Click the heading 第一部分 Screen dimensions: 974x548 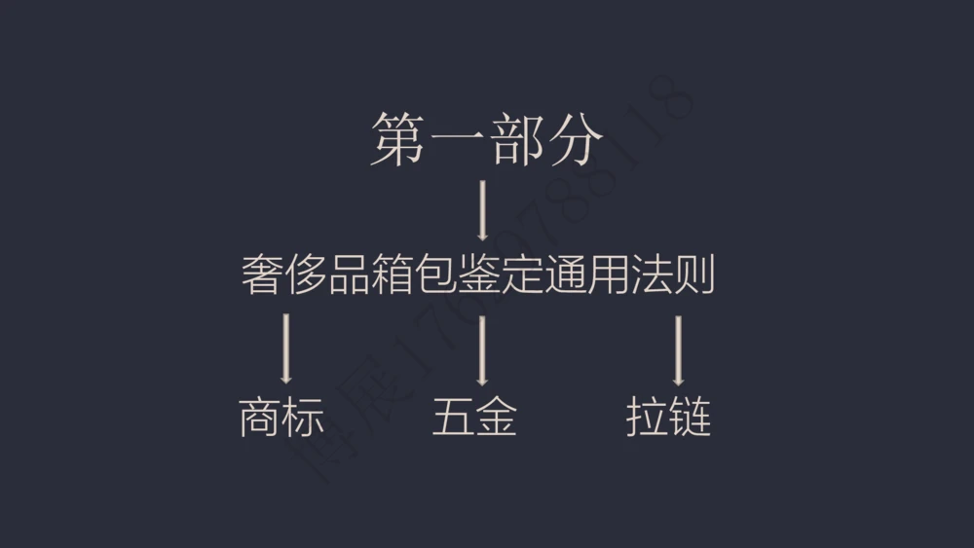pyautogui.click(x=486, y=139)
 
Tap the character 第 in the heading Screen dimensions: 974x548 pyautogui.click(x=398, y=139)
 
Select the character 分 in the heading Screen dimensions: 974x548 pyautogui.click(x=574, y=139)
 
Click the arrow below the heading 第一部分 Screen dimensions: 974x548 pyautogui.click(x=482, y=209)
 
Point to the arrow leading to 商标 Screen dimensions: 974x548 pyautogui.click(x=285, y=348)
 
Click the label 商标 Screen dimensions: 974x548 pyautogui.click(x=281, y=418)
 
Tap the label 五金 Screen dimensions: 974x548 pyautogui.click(x=474, y=418)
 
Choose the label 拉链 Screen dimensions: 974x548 pyautogui.click(x=668, y=418)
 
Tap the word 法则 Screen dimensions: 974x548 pyautogui.click(x=677, y=275)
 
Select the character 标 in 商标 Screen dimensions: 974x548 pyautogui.click(x=302, y=418)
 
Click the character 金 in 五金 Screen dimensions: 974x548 pyautogui.click(x=496, y=418)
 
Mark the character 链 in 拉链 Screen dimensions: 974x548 pyautogui.click(x=690, y=418)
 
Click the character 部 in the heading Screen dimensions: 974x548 pyautogui.click(x=515, y=139)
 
